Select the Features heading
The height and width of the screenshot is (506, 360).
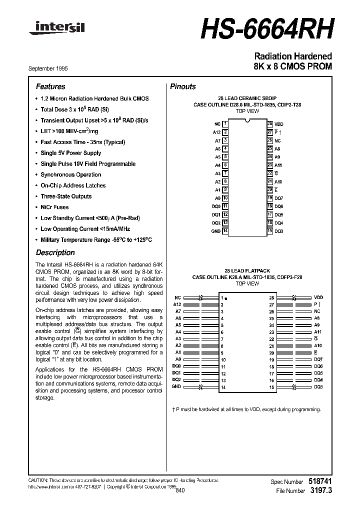(50, 86)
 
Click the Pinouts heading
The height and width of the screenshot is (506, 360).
(183, 86)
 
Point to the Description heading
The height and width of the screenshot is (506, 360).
(55, 252)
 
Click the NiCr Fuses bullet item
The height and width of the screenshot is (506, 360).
(54, 207)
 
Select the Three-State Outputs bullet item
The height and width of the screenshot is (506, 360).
(66, 196)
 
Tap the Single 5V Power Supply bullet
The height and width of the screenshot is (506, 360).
(70, 153)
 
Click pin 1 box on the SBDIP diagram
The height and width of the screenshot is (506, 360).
(225, 123)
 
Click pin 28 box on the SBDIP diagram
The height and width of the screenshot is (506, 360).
(269, 123)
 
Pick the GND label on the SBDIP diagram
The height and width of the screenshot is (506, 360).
(216, 231)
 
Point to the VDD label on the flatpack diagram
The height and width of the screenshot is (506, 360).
(318, 297)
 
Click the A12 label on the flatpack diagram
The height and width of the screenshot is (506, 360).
(176, 304)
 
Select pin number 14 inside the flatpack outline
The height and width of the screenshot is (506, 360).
(223, 387)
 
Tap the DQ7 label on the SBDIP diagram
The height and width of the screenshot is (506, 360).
(278, 198)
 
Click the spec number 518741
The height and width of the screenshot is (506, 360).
(319, 481)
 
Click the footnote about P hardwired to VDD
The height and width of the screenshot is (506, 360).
(246, 409)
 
